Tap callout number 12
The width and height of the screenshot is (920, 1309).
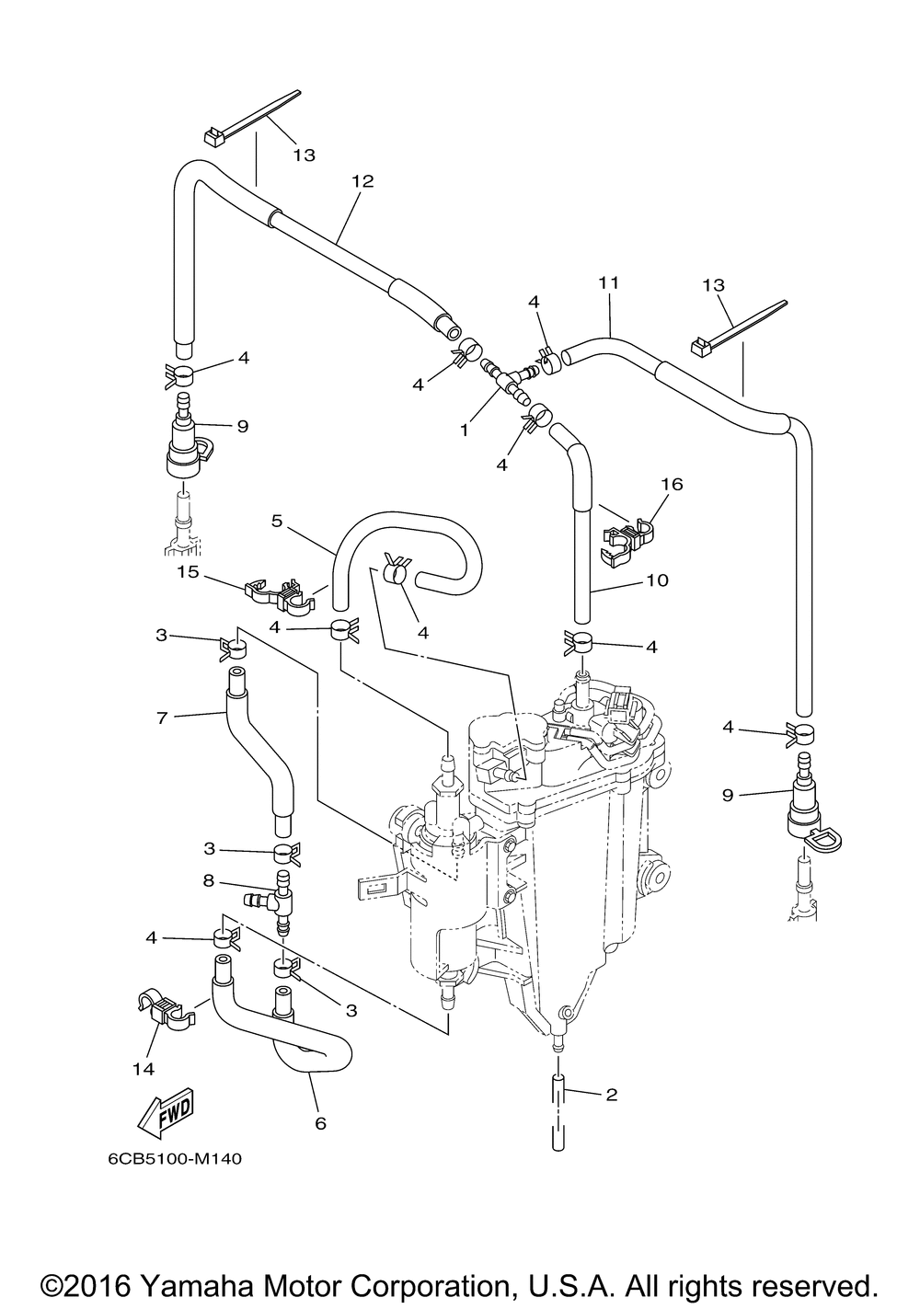(362, 181)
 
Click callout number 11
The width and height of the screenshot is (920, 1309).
(608, 283)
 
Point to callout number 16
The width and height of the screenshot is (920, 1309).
(673, 484)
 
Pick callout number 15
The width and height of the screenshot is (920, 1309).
(189, 571)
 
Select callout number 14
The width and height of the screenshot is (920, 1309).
(144, 1070)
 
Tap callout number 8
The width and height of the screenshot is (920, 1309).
(209, 880)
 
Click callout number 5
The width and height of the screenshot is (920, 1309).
(277, 521)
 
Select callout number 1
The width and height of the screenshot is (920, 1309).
(465, 431)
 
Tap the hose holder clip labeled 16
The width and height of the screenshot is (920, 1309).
(627, 539)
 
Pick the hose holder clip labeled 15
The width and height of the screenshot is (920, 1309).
(281, 593)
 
